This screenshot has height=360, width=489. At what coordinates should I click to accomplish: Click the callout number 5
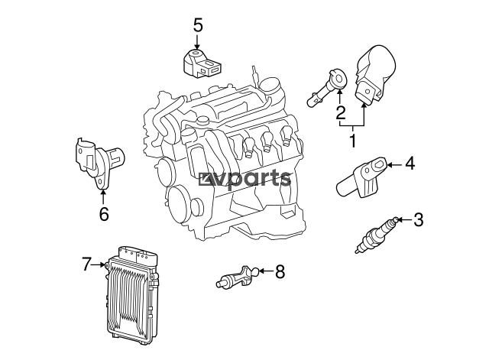(x=198, y=25)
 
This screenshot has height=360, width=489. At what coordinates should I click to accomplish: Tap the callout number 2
(x=341, y=112)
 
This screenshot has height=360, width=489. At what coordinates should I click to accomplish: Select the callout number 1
(x=353, y=141)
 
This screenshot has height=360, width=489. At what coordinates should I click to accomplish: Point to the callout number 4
(x=410, y=163)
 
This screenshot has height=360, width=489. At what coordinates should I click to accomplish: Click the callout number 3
(x=419, y=219)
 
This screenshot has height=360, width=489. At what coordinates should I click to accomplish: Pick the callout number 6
(x=104, y=213)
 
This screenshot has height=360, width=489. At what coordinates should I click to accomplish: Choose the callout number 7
(x=87, y=264)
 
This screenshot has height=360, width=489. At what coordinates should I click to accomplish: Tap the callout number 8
(x=280, y=271)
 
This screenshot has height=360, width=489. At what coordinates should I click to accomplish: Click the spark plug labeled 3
(x=377, y=235)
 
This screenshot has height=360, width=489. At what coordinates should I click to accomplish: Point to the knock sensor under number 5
(x=200, y=63)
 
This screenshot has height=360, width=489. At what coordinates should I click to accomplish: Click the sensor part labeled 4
(x=362, y=177)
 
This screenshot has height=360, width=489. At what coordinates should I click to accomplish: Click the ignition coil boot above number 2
(x=326, y=88)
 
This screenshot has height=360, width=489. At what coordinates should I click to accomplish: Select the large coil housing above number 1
(x=375, y=73)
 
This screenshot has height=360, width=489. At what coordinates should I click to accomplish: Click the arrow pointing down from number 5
(x=197, y=42)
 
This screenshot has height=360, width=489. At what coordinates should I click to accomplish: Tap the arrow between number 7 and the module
(x=99, y=264)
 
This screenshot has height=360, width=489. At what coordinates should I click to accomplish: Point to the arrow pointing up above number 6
(x=102, y=197)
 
